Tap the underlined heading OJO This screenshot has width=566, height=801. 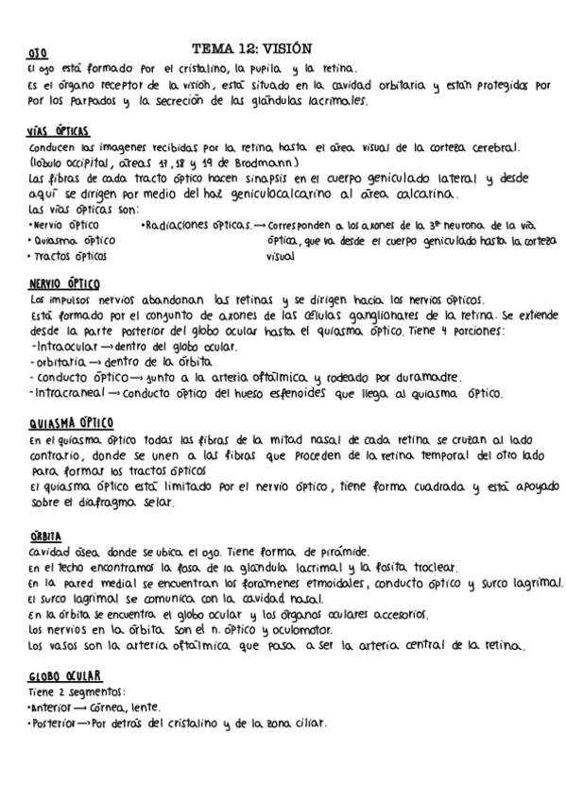pyautogui.click(x=38, y=53)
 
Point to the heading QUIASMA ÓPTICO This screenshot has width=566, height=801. pyautogui.click(x=72, y=421)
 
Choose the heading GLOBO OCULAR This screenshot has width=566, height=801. pyautogui.click(x=65, y=676)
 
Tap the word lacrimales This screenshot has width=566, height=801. pyautogui.click(x=333, y=101)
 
